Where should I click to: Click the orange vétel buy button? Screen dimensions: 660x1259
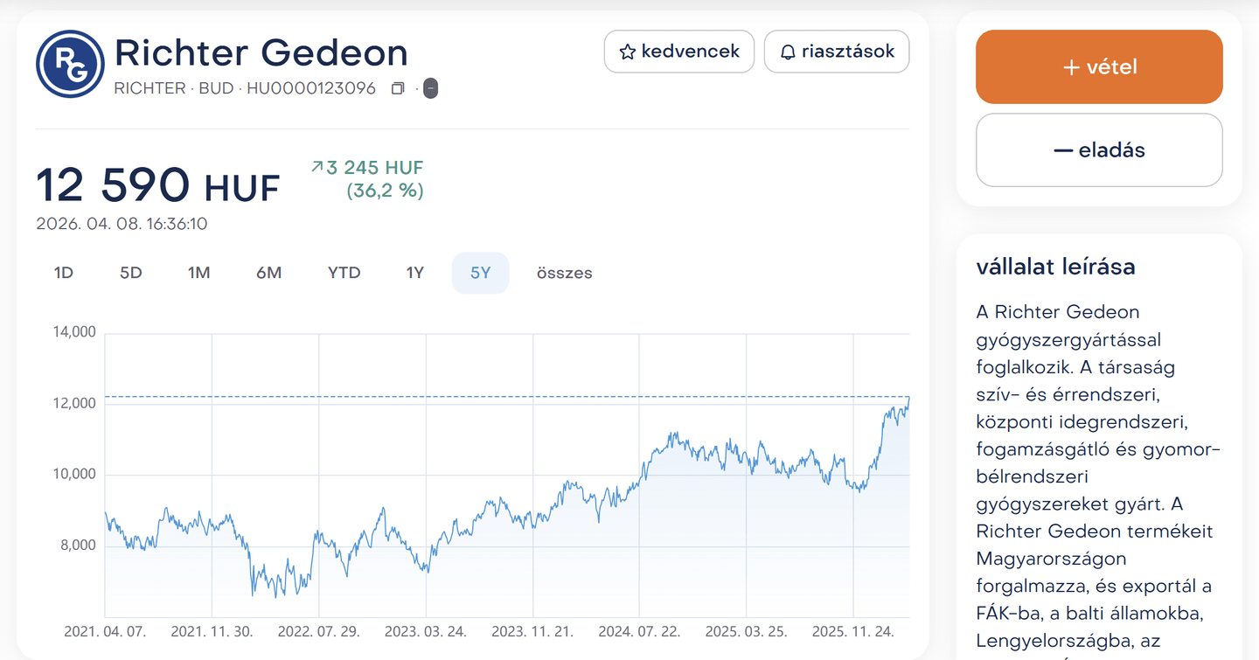1099,67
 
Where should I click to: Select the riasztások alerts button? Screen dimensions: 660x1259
837,52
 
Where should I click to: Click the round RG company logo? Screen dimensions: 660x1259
70,64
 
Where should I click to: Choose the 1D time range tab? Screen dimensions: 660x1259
64,273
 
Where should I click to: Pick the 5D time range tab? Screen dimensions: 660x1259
130,273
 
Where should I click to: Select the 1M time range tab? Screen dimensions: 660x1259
198,273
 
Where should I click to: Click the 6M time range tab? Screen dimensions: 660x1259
268,273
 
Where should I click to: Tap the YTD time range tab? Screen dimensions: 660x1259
344,273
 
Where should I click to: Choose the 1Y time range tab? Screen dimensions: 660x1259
414,273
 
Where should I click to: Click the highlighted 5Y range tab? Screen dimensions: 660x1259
480,273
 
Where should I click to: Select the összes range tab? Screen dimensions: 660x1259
564,273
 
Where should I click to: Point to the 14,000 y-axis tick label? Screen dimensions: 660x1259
74,332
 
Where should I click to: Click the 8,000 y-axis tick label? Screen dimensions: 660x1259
78,545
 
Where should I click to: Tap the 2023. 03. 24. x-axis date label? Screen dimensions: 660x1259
426,631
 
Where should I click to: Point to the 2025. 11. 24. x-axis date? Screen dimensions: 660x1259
853,631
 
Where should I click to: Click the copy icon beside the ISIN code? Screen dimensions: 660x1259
398,88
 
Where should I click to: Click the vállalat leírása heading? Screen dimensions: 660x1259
1055,267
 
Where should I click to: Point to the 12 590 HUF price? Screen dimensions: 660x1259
157,185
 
